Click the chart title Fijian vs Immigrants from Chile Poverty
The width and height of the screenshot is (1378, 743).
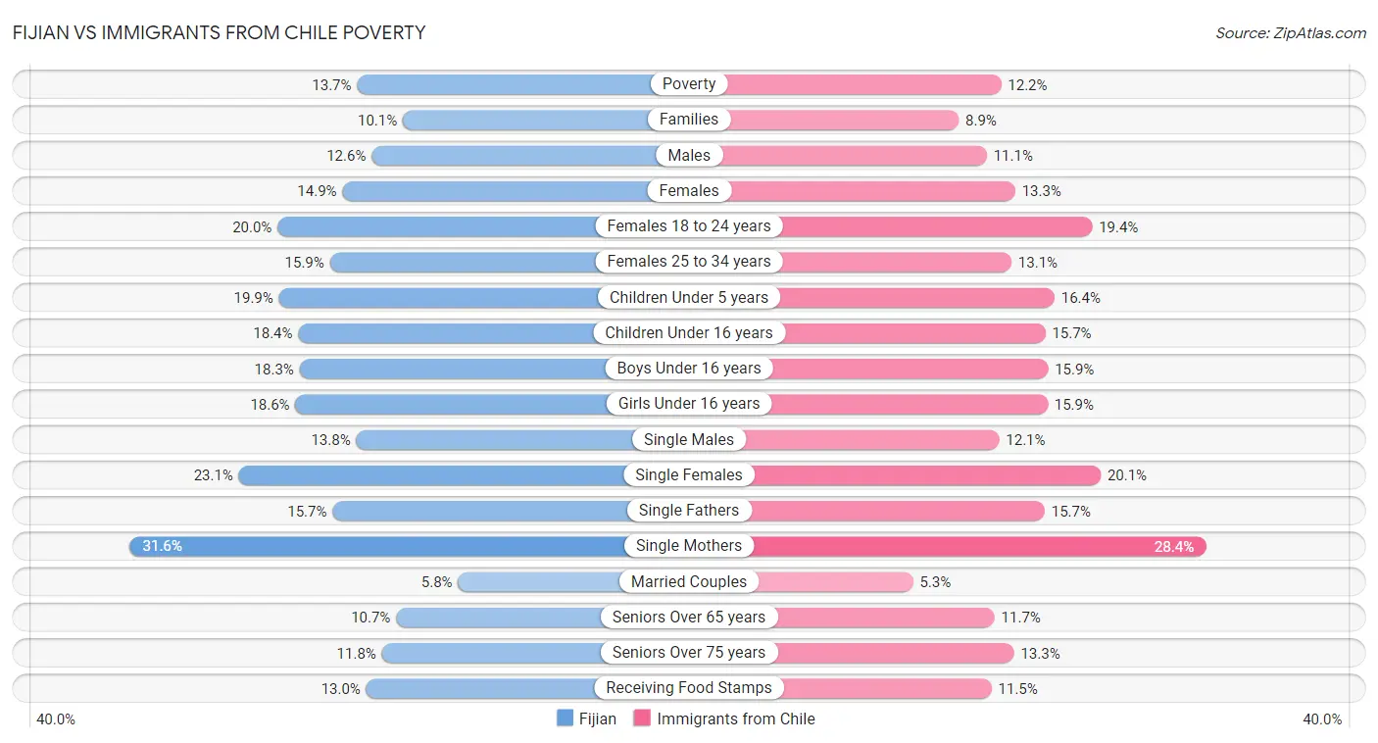click(220, 32)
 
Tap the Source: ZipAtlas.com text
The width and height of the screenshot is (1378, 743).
click(1290, 32)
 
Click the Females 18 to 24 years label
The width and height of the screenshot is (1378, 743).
click(689, 226)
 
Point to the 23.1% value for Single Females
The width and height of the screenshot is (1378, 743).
click(214, 475)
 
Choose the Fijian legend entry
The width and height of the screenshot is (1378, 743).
click(586, 718)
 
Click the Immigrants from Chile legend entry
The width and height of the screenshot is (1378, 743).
click(724, 718)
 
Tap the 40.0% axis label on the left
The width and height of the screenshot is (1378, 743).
click(56, 719)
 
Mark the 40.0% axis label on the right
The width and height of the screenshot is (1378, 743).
click(1322, 719)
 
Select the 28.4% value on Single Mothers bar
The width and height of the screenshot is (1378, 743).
click(1173, 547)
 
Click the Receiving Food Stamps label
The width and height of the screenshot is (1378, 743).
click(689, 688)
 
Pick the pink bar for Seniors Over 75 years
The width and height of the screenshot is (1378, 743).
click(892, 653)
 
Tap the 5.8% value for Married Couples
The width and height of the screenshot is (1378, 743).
click(437, 582)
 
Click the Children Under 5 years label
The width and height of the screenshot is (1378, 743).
click(689, 297)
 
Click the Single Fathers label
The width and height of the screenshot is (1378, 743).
click(689, 511)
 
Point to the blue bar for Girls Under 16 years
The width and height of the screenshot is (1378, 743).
click(451, 404)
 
